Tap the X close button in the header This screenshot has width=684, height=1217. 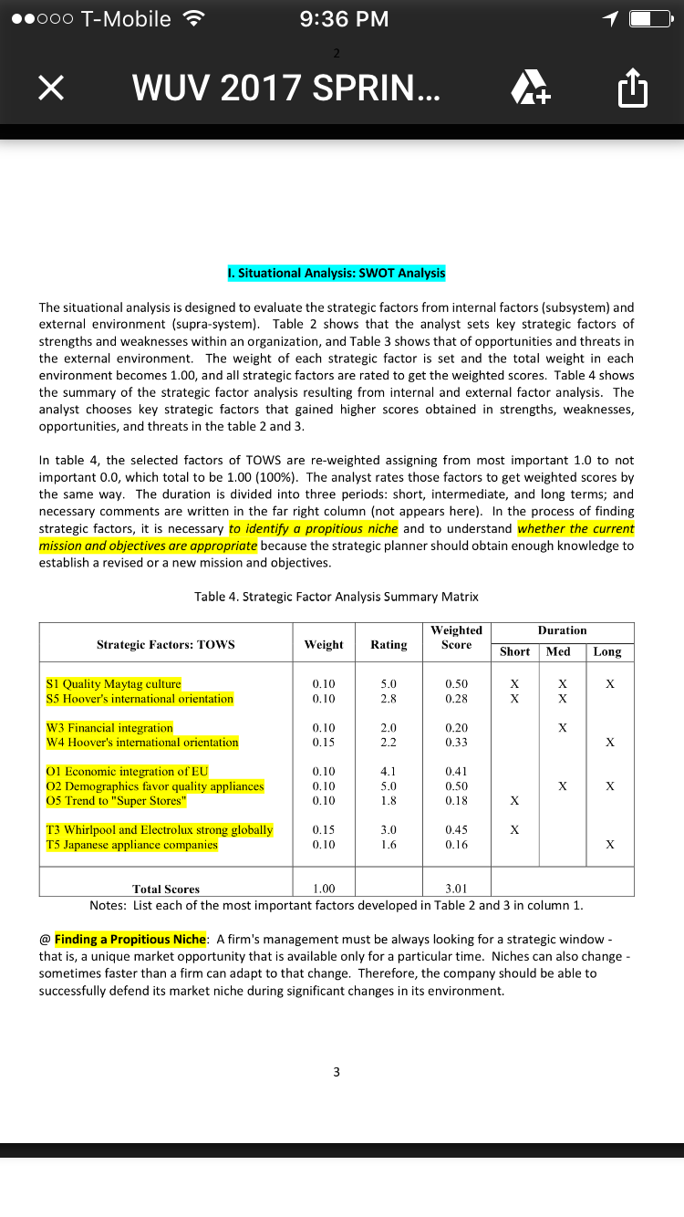52,88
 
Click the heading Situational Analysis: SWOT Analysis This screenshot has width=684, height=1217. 337,273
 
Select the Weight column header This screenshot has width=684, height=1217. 324,644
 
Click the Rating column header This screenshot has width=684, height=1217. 389,644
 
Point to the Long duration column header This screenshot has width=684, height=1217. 606,651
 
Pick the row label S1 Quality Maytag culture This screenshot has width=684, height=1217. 114,683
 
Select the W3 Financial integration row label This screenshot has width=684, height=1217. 109,727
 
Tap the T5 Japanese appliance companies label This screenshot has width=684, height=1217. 132,845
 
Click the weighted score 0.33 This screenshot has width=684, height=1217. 456,743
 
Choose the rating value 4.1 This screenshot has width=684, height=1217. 389,771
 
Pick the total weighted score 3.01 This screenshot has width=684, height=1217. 456,889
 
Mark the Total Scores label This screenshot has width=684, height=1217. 166,889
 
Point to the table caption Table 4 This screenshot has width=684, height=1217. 337,597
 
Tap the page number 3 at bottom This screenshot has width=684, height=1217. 337,1072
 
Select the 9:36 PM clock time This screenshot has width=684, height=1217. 344,18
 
